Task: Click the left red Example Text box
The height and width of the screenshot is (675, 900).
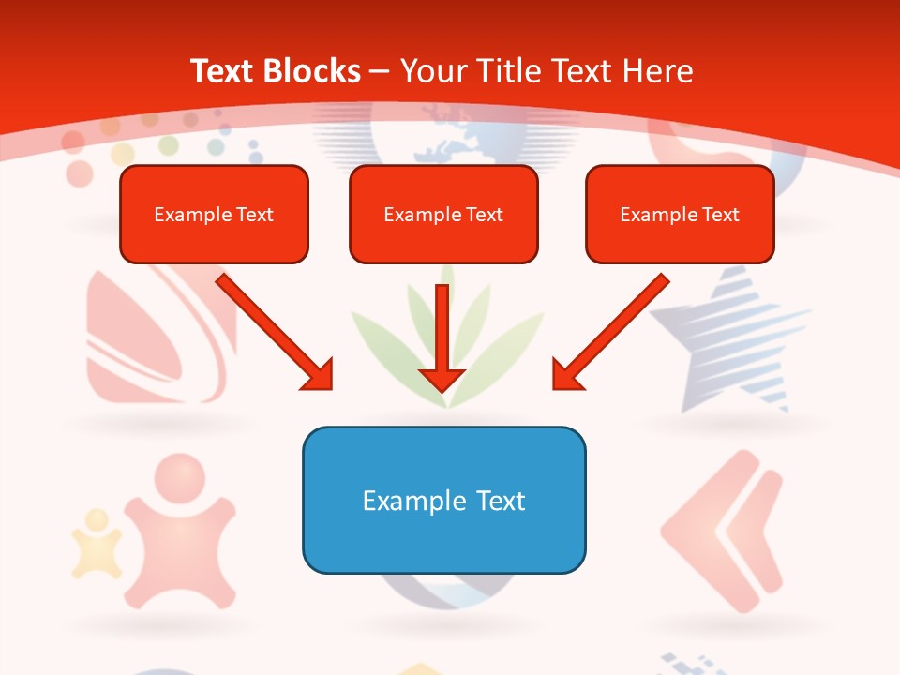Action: click(x=214, y=214)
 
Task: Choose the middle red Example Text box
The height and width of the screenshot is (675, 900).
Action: click(x=443, y=214)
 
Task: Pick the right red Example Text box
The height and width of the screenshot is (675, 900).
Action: click(x=680, y=214)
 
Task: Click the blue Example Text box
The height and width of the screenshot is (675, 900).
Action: click(x=443, y=500)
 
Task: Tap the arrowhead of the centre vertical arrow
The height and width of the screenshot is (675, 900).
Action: click(x=442, y=379)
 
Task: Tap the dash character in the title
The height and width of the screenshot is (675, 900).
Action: click(x=380, y=70)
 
